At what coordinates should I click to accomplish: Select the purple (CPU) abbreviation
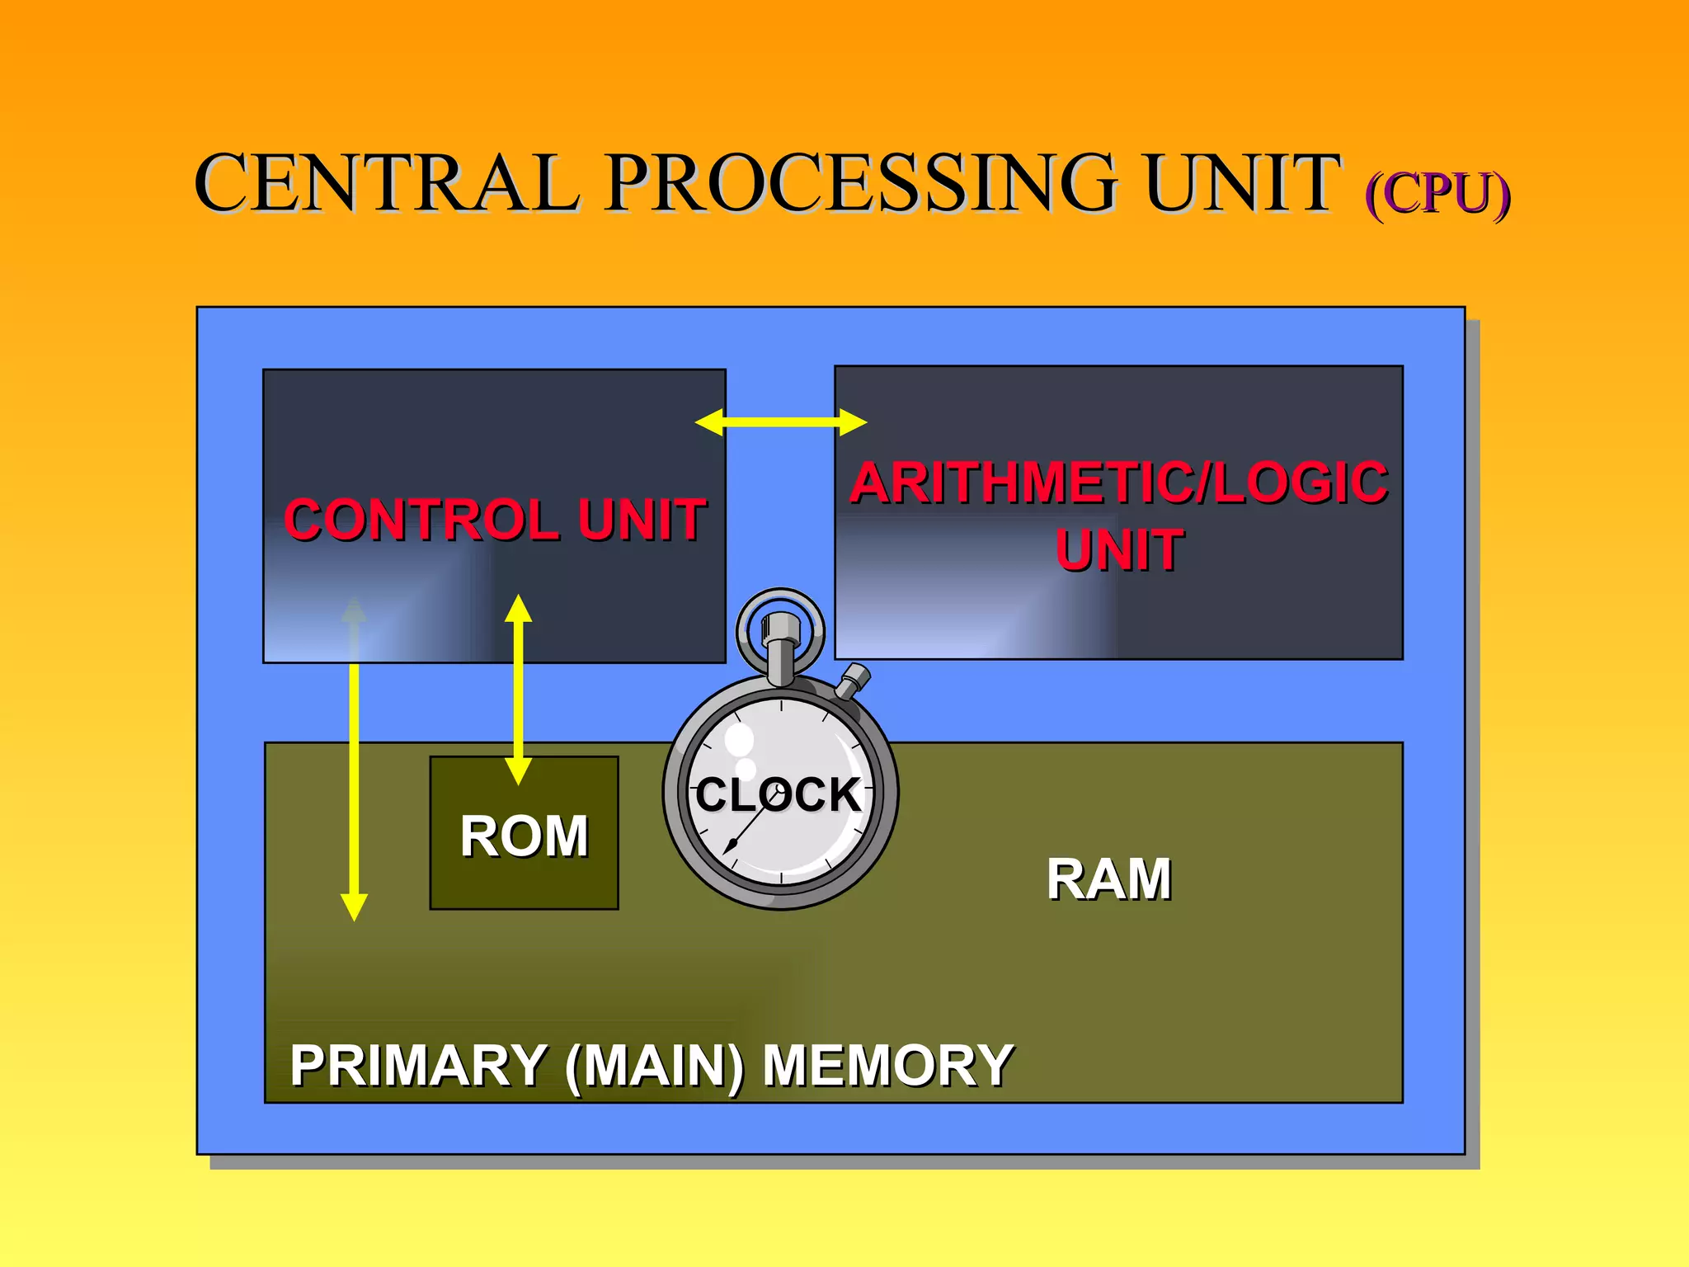click(x=1437, y=195)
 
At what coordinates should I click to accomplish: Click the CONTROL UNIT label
click(x=495, y=520)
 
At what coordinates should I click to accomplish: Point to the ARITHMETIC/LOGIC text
click(x=1118, y=483)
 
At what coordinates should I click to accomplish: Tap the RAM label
click(x=1108, y=878)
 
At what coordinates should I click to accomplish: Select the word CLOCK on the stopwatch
click(x=779, y=794)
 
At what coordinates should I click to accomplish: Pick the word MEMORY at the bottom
click(x=887, y=1065)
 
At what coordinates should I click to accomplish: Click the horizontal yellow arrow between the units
click(x=781, y=422)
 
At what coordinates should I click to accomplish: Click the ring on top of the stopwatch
click(x=780, y=601)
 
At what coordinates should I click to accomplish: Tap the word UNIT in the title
click(x=1241, y=183)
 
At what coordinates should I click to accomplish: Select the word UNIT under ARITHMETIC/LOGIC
click(x=1119, y=550)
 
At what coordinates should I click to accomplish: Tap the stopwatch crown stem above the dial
click(x=780, y=652)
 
